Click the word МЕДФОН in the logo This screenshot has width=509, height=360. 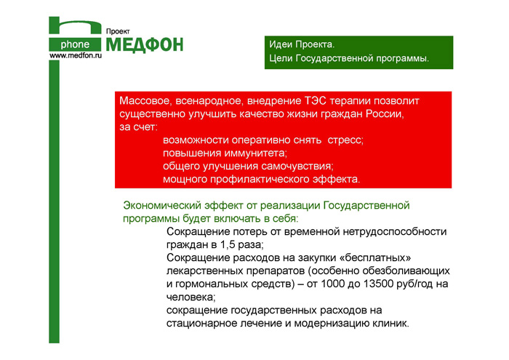click(x=145, y=45)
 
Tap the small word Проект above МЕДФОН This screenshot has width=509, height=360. click(x=118, y=31)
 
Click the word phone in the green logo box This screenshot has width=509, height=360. click(x=75, y=44)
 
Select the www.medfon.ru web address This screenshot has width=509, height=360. click(x=76, y=55)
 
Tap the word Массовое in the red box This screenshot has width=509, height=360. click(x=145, y=101)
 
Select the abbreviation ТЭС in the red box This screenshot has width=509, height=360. click(x=316, y=100)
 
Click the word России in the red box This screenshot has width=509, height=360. click(x=385, y=114)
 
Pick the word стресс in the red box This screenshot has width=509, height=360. click(x=345, y=140)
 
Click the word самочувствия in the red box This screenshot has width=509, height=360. click(x=297, y=167)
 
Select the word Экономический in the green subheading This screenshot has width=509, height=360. click(x=164, y=206)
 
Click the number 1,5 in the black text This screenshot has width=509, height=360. click(x=228, y=244)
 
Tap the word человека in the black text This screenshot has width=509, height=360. click(x=191, y=297)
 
